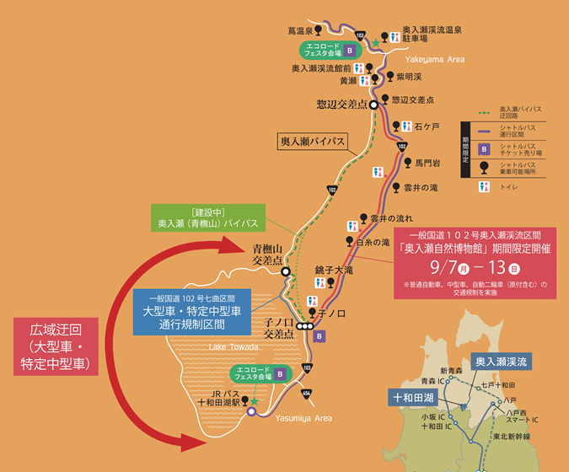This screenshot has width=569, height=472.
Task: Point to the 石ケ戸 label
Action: tap(427, 126)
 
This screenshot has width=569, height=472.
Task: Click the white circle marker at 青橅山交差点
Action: tap(287, 272)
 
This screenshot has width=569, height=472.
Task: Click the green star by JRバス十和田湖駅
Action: tap(253, 401)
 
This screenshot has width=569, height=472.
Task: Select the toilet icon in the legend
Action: tap(484, 187)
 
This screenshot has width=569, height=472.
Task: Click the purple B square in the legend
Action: tap(484, 149)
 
